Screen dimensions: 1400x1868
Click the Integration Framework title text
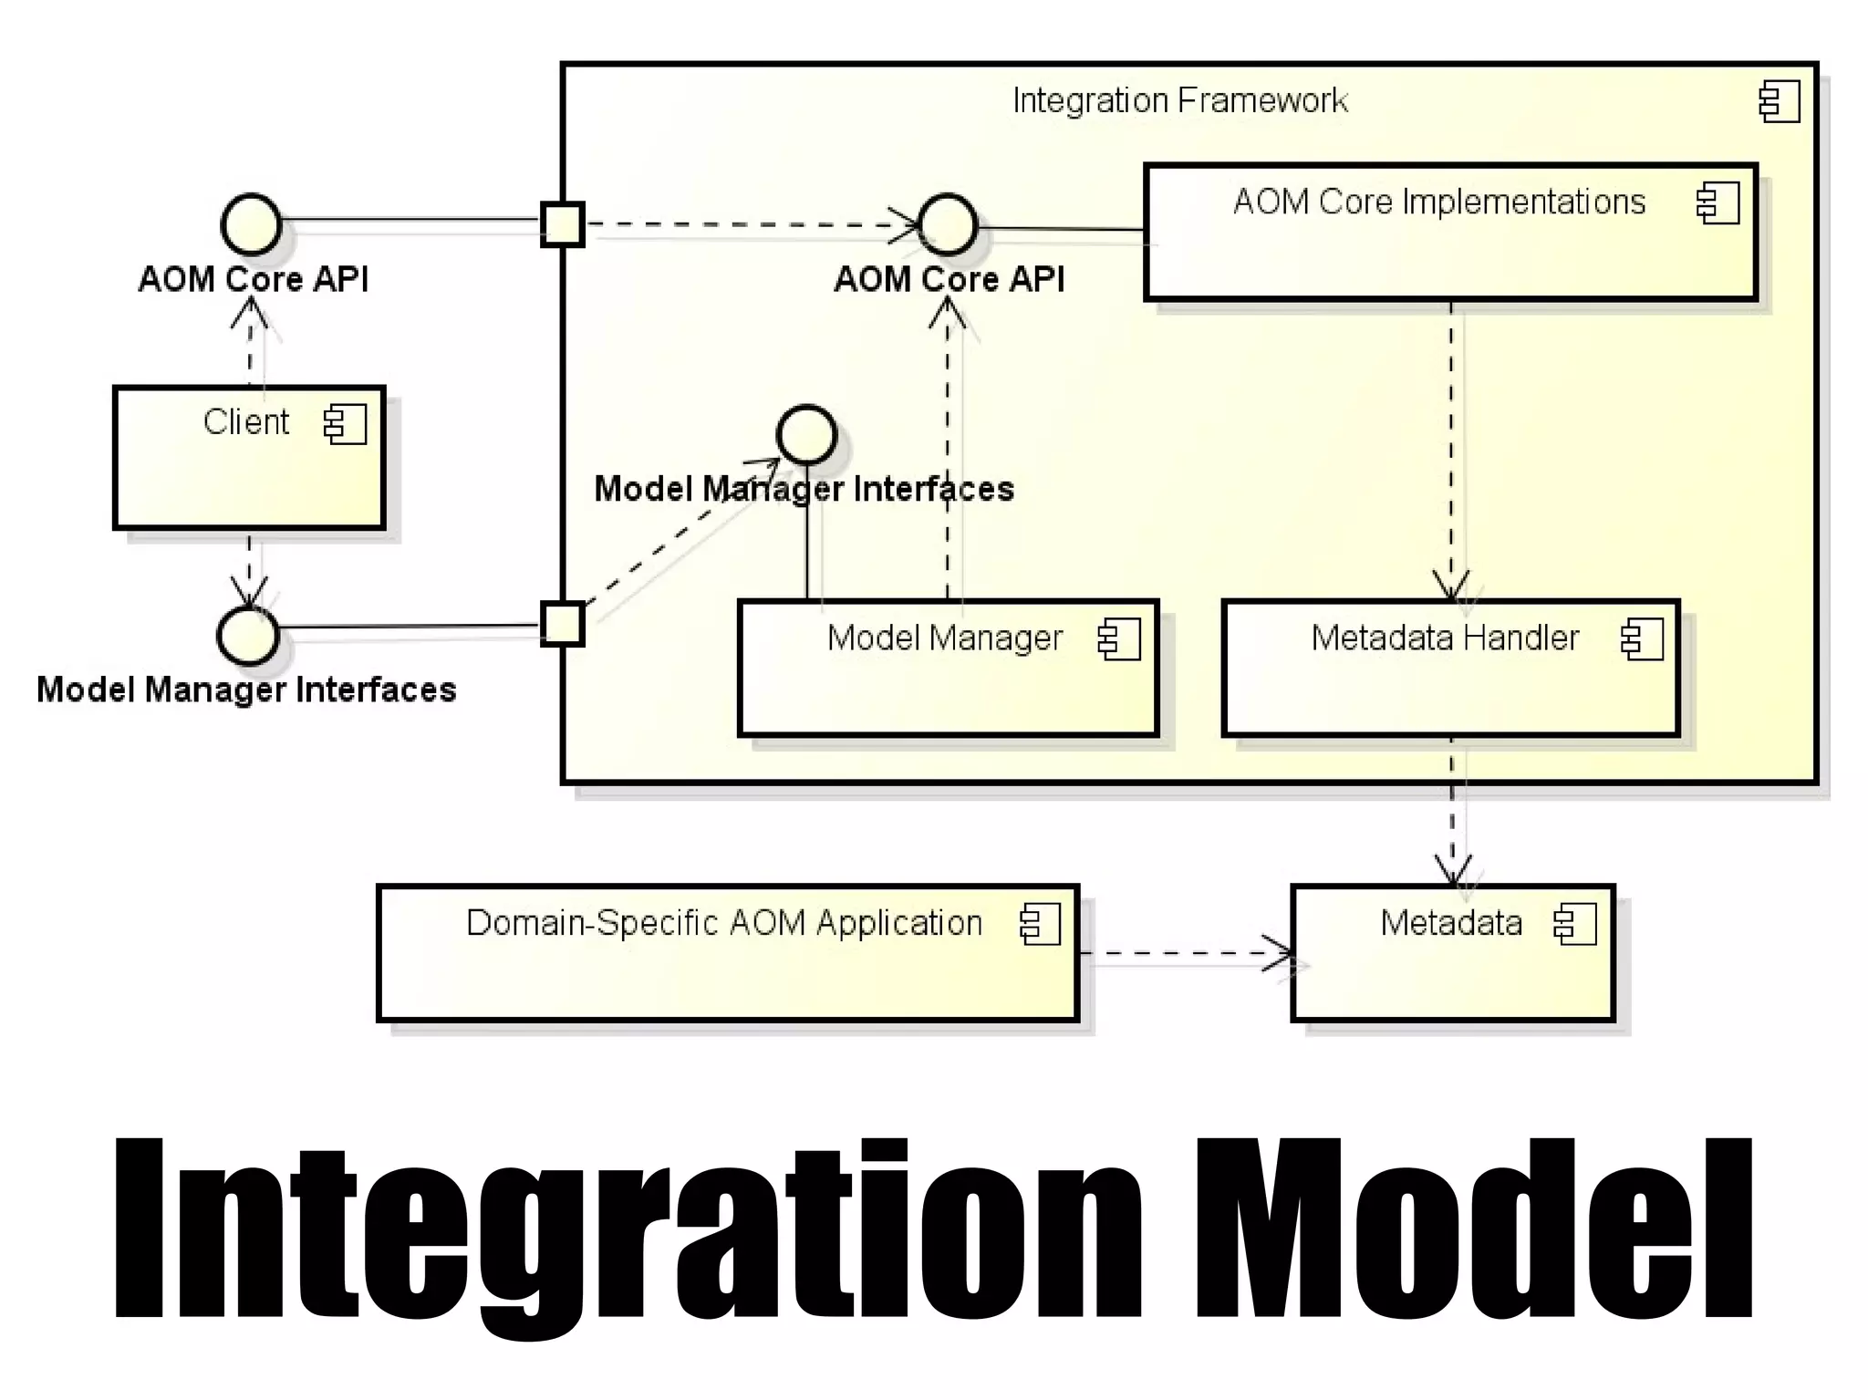1179,100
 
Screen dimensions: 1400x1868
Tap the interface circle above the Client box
251,224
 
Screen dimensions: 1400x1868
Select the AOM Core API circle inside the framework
948,224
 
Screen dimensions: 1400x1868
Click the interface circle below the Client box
248,635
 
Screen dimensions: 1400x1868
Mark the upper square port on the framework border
562,224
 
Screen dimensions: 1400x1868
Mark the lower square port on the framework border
562,625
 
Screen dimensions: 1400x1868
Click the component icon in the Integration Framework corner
1780,101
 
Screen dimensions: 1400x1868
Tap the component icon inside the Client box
346,424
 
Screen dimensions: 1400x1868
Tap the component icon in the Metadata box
1575,924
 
